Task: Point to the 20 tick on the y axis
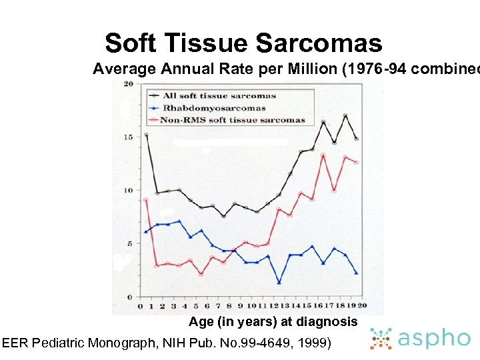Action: (x=129, y=84)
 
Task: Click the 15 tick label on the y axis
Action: (x=129, y=137)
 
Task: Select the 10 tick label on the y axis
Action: (x=129, y=191)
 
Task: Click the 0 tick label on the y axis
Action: (x=131, y=297)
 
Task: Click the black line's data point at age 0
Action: (x=145, y=135)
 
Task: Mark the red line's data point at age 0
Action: (x=145, y=200)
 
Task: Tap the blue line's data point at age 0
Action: (x=145, y=231)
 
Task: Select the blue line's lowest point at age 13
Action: (x=279, y=283)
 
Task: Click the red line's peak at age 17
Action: (x=323, y=155)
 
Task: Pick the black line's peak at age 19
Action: (x=345, y=116)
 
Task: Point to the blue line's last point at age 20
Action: (x=357, y=273)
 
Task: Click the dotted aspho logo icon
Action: (x=381, y=339)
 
